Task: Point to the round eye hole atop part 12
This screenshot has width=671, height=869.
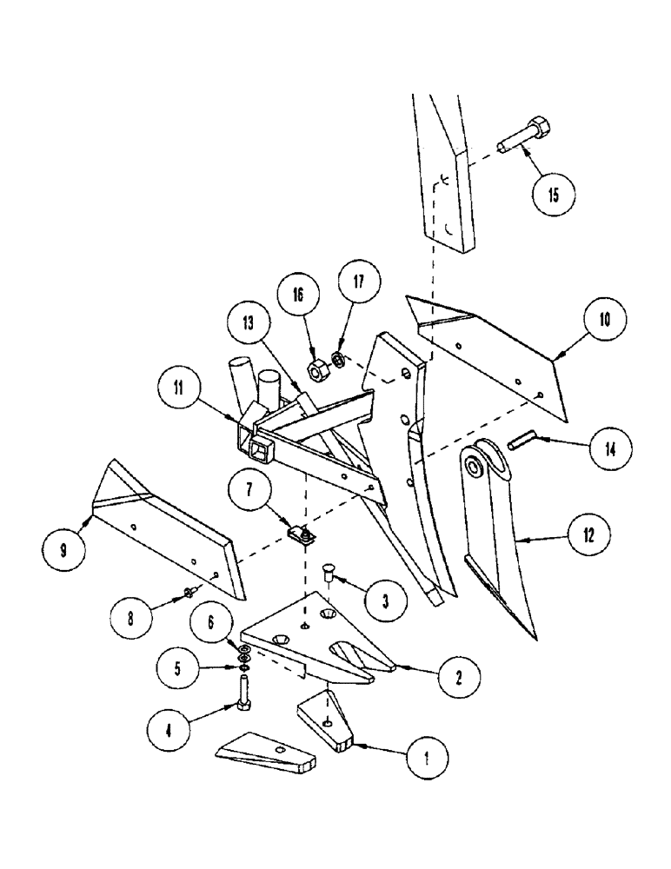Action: [x=476, y=467]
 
